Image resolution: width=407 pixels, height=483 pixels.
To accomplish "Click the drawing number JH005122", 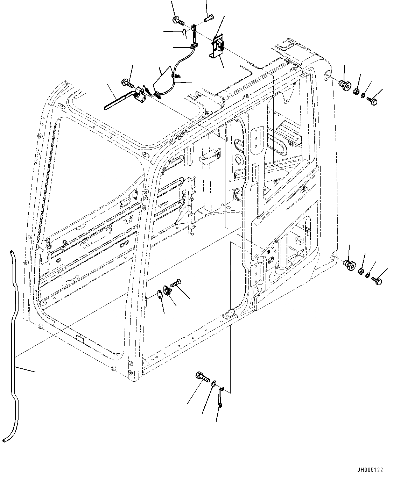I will (x=370, y=470).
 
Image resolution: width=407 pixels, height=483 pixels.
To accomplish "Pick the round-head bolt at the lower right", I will (x=377, y=280).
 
